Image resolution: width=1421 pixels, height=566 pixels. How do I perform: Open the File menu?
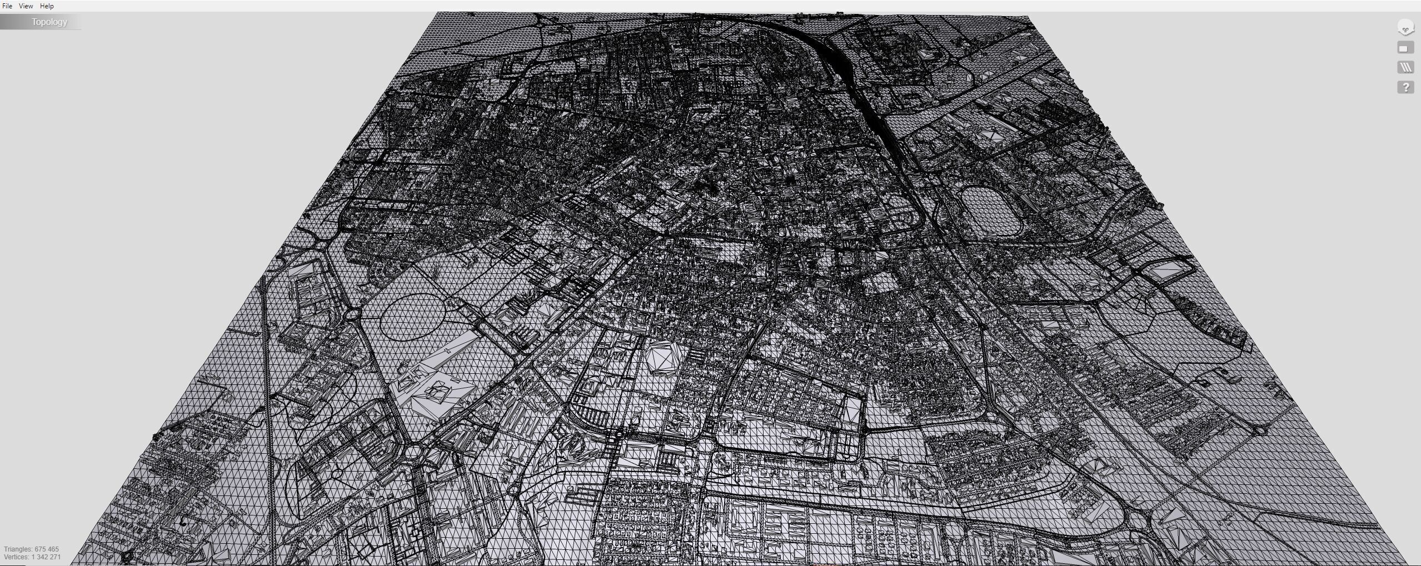7,6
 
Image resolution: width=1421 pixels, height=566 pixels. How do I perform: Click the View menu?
26,6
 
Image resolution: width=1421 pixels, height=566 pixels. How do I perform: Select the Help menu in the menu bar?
47,6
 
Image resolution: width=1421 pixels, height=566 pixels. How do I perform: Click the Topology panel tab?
49,22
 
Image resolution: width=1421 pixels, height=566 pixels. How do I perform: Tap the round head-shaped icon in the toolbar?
1405,28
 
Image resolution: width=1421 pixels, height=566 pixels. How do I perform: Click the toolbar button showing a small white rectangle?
1405,48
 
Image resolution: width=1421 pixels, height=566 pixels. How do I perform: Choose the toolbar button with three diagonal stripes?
1405,68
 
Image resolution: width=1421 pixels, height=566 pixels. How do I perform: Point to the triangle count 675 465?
47,549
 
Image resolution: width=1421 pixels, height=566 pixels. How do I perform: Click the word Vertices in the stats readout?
16,557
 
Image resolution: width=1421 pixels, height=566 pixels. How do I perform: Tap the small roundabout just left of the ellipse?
352,315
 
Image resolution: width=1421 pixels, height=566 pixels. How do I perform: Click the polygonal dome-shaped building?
662,357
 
